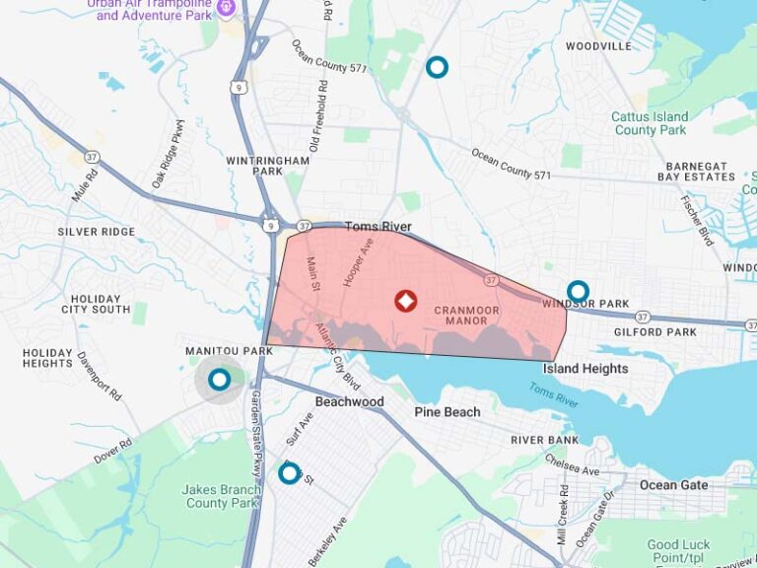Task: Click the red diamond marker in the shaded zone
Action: tap(404, 301)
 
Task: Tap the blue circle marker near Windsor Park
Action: tap(578, 292)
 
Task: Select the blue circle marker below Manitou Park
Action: tap(220, 379)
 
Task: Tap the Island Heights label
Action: tap(585, 369)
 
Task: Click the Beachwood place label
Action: tap(349, 402)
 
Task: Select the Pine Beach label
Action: tap(447, 412)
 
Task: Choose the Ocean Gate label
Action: tap(673, 485)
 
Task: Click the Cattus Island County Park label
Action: tap(650, 123)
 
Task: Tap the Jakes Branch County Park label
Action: tap(220, 496)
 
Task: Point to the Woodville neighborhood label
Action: tap(598, 46)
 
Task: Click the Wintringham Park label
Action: tap(254, 165)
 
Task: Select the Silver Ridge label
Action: tap(96, 232)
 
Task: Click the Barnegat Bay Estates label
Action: tap(696, 172)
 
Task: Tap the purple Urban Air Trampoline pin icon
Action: tap(226, 7)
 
